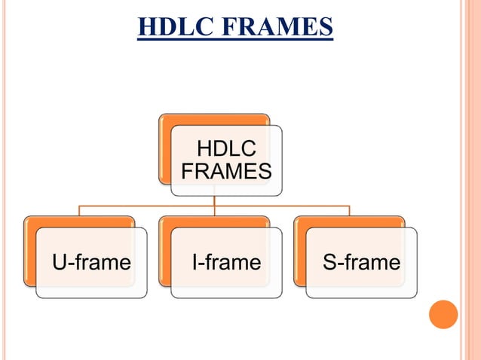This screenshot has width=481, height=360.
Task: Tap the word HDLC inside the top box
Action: (x=225, y=148)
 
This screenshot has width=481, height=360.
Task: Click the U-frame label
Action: (x=90, y=263)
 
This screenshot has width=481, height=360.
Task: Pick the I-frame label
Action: (x=225, y=263)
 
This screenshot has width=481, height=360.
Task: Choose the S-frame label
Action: (x=361, y=263)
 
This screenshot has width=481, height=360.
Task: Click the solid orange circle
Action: (x=443, y=314)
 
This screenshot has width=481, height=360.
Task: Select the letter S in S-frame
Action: (x=329, y=263)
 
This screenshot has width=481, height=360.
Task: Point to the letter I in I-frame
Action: (x=196, y=263)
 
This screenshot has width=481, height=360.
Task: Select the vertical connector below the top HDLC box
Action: (x=214, y=200)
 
